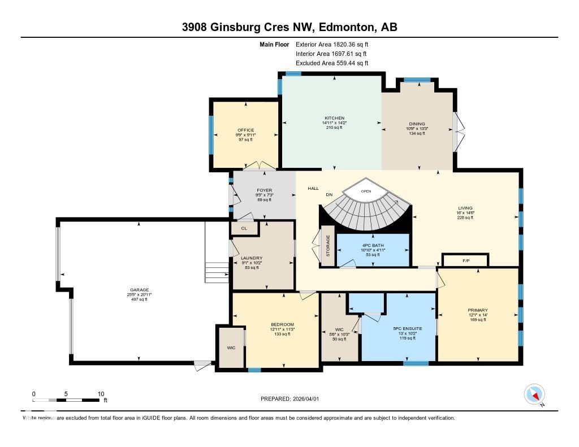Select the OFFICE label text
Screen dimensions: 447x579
point(245,130)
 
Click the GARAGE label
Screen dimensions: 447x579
point(139,291)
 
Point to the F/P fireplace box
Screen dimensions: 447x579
point(466,261)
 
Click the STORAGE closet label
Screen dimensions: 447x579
point(327,246)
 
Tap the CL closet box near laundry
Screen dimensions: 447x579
point(244,228)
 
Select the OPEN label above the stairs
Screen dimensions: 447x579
point(366,192)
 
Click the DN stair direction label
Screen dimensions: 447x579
point(329,194)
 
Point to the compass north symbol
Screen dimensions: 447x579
point(534,394)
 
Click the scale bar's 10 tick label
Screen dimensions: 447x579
point(101,394)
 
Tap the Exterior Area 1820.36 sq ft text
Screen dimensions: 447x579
point(332,44)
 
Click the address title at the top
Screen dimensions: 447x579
point(289,27)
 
